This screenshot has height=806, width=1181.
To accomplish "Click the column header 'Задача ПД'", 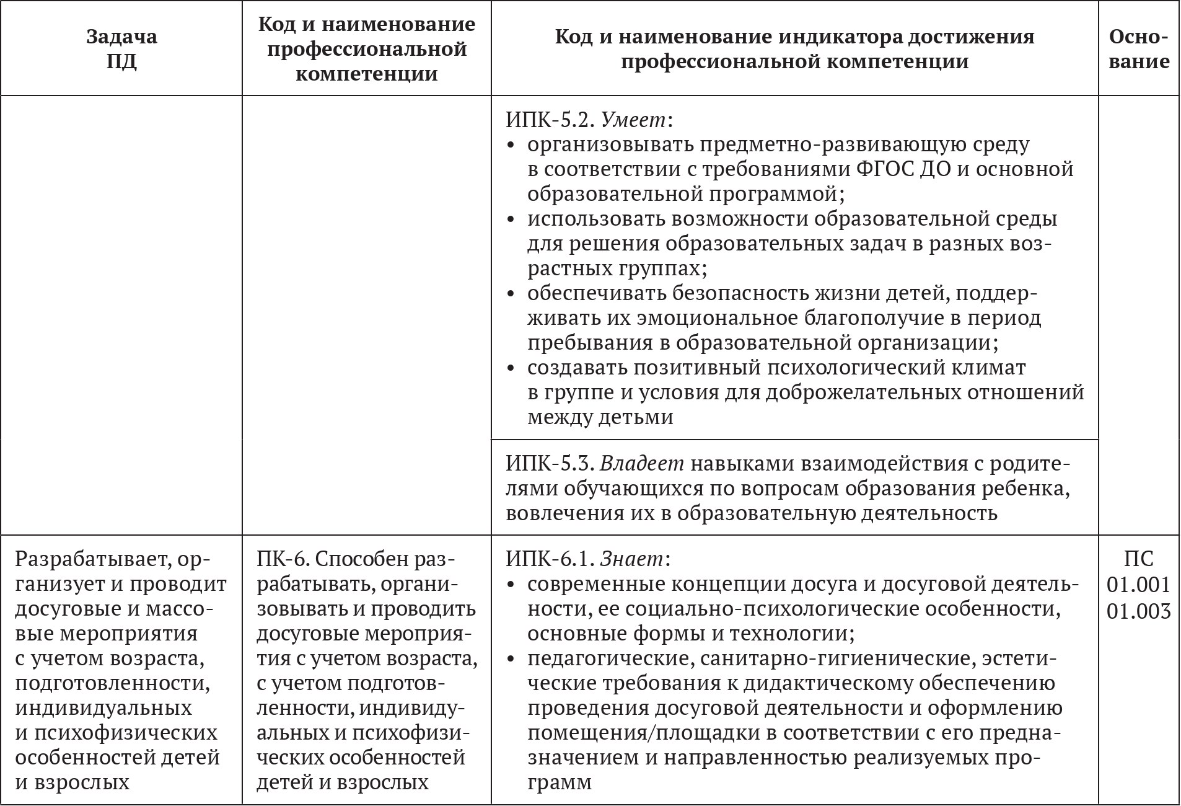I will [121, 49].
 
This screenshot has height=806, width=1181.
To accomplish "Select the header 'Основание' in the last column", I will [1139, 49].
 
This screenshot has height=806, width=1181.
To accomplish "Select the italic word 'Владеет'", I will [642, 464].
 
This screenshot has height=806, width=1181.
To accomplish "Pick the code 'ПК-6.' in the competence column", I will [282, 559].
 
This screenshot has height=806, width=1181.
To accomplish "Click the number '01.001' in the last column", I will [1139, 585].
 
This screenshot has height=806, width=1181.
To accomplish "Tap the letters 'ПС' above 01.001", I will [1139, 559].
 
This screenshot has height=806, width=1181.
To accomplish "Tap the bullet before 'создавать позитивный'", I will [511, 368].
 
